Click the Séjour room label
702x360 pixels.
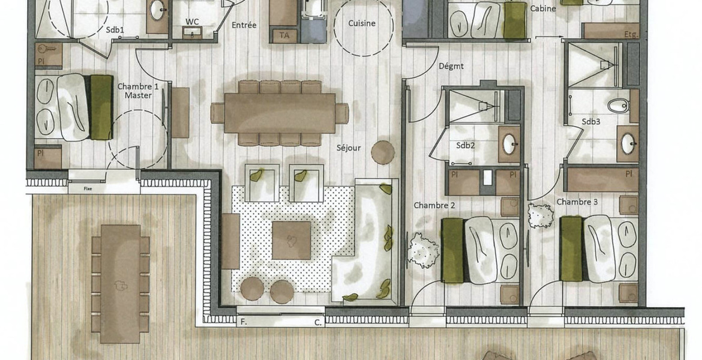(x=349, y=148)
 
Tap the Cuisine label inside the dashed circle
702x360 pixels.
(x=362, y=23)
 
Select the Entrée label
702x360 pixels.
(x=244, y=25)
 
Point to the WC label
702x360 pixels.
(x=192, y=22)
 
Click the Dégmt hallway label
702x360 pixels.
(x=451, y=66)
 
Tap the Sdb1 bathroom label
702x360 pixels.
(x=115, y=30)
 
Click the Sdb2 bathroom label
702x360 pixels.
(x=466, y=145)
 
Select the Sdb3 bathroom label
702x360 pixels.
(x=591, y=121)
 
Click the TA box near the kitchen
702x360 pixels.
(x=284, y=35)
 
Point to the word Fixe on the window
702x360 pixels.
(x=88, y=188)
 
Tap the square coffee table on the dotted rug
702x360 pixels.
(x=292, y=241)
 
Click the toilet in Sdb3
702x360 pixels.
(x=618, y=106)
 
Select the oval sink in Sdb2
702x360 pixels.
(x=509, y=144)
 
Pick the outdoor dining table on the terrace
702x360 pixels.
(x=120, y=284)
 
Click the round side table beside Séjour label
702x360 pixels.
(x=383, y=152)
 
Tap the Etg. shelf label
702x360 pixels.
(x=631, y=34)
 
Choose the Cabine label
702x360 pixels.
(x=543, y=8)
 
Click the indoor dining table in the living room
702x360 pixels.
(x=280, y=113)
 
